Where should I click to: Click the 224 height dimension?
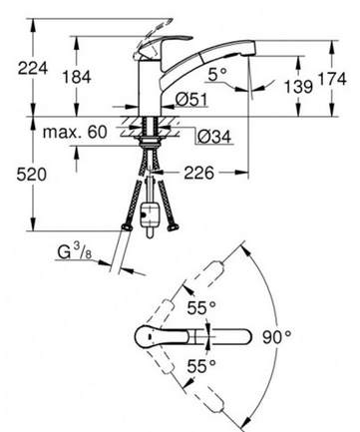[x=33, y=69]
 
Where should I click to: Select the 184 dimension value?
[x=77, y=78]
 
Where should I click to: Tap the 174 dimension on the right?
[x=332, y=79]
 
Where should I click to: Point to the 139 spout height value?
[x=298, y=87]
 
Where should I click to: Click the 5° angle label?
[x=217, y=74]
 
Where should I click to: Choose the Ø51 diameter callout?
[x=191, y=100]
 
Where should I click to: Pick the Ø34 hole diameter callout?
[x=214, y=137]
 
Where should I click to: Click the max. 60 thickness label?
[x=75, y=132]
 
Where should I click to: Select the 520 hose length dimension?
[x=32, y=175]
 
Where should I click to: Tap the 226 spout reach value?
[x=199, y=173]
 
